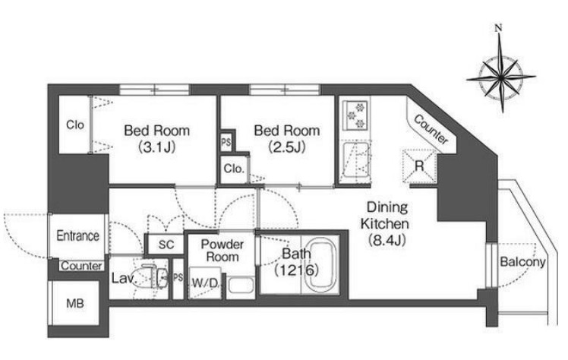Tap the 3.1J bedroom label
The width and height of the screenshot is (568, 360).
click(x=157, y=139)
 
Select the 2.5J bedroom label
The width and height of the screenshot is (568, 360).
click(x=287, y=139)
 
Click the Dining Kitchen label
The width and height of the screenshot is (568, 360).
click(x=387, y=223)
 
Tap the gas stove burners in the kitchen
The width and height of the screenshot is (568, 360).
click(x=355, y=115)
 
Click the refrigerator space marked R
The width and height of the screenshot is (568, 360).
click(x=419, y=166)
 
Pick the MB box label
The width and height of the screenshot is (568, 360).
click(x=75, y=303)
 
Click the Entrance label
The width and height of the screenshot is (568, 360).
click(x=78, y=235)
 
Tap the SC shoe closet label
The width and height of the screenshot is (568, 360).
click(x=166, y=245)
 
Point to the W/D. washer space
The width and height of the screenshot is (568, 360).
click(x=205, y=283)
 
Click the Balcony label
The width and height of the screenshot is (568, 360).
click(x=522, y=262)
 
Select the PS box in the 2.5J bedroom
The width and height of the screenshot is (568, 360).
click(x=226, y=142)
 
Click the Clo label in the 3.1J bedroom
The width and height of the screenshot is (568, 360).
click(x=75, y=125)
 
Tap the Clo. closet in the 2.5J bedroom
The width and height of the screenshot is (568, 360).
click(x=235, y=169)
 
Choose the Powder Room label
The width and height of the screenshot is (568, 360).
click(x=222, y=251)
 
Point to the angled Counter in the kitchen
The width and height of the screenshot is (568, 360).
click(x=431, y=128)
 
